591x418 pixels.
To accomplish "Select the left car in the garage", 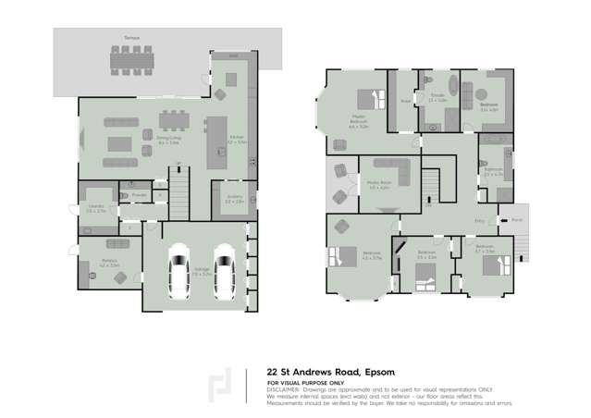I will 180,268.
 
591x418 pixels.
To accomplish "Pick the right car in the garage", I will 224,268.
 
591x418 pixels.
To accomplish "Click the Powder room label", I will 139,196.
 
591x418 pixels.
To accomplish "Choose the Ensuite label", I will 437,98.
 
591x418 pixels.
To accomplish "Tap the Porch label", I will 517,219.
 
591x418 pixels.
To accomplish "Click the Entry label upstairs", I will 479,220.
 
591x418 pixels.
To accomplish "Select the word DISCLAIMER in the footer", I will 285,389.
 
